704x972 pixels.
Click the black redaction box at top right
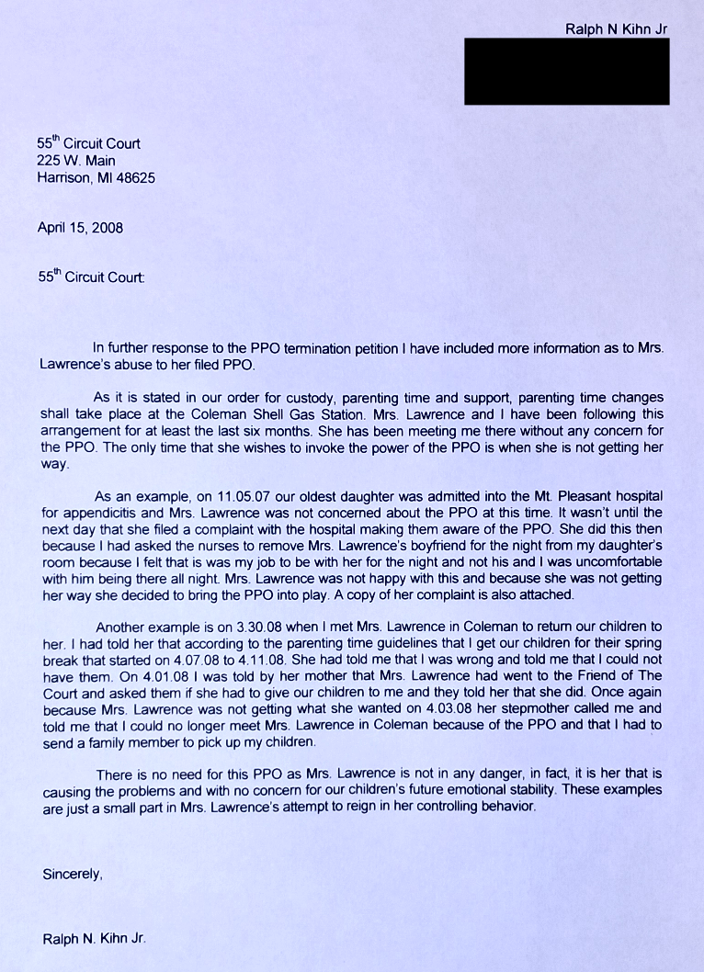(x=566, y=71)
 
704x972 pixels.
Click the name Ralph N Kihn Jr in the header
(x=616, y=28)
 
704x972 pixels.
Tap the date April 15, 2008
(x=80, y=227)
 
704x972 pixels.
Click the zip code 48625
(x=135, y=178)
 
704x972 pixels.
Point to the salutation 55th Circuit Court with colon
(x=90, y=276)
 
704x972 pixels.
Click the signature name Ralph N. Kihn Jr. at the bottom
(x=94, y=939)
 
